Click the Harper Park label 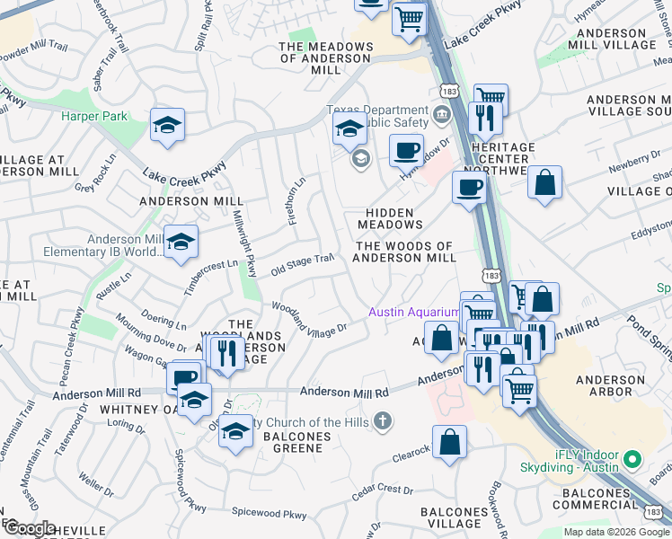click(94, 116)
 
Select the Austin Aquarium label click(413, 313)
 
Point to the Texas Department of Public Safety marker click(441, 114)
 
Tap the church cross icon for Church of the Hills click(383, 420)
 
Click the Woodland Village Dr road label click(309, 318)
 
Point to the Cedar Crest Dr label click(382, 490)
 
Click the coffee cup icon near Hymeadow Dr click(406, 149)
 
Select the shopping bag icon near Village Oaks click(544, 182)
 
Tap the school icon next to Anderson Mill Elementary click(181, 243)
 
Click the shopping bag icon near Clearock click(450, 441)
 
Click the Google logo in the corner click(29, 528)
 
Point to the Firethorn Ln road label click(296, 200)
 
